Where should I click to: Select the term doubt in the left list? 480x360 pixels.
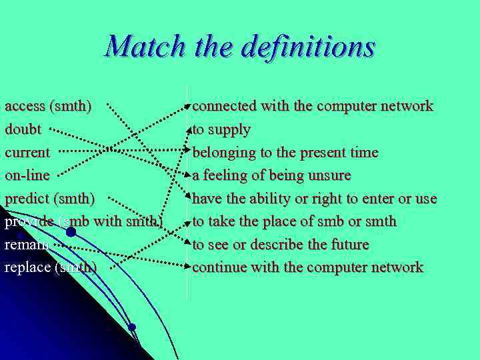pos(23,129)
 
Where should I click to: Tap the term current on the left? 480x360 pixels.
pos(27,152)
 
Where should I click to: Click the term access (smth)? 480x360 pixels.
pos(49,105)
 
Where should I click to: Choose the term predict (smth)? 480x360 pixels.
pos(50,198)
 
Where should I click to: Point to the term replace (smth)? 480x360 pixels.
pos(51,267)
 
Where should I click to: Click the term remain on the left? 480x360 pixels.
pos(26,244)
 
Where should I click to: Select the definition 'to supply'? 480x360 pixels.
pos(221,129)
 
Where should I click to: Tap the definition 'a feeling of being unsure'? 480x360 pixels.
pos(271,175)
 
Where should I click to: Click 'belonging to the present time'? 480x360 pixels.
pos(285,152)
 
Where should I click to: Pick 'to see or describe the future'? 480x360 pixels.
pos(280,244)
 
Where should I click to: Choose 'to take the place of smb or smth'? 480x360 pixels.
pos(294,221)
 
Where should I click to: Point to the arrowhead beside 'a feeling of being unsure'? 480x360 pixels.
pos(189,175)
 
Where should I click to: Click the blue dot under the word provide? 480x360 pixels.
pos(71,233)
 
